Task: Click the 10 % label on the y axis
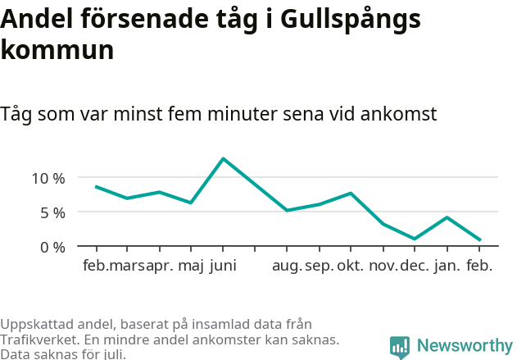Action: pos(48,178)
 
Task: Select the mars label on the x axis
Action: pos(128,267)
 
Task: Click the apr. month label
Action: pos(160,267)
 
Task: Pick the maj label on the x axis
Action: pos(191,267)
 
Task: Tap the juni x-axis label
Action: pos(223,267)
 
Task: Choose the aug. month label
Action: pos(287,267)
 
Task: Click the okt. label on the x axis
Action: pos(351,267)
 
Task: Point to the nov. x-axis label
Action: pos(383,267)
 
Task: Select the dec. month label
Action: pos(415,267)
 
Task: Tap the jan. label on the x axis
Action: pos(447,267)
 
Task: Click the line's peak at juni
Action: pos(223,158)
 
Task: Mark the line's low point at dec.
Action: pos(415,239)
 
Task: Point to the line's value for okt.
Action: pos(351,194)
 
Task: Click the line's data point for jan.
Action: pos(447,217)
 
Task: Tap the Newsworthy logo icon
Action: pos(400,347)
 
